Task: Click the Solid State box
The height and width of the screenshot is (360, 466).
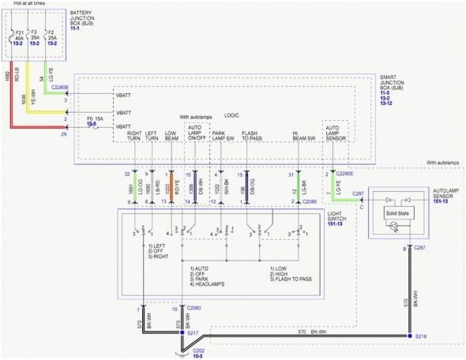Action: click(397, 214)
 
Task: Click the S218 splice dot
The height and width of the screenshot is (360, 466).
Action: click(409, 336)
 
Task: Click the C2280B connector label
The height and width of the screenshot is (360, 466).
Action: click(59, 88)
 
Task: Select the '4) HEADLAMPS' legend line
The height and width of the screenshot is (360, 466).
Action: click(209, 284)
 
